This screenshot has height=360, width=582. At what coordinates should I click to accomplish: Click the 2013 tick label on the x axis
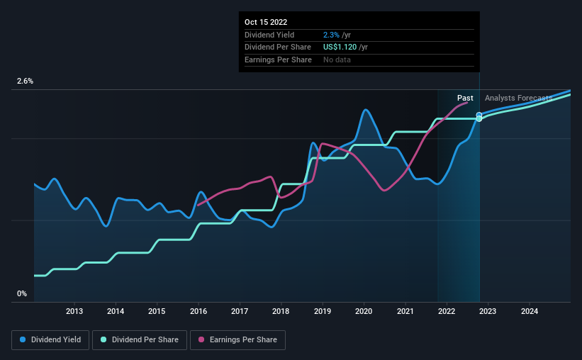74,311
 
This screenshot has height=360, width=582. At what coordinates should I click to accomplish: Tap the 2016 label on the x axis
198,311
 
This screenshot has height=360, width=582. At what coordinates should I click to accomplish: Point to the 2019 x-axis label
323,311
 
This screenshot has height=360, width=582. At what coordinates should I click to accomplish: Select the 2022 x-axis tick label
447,311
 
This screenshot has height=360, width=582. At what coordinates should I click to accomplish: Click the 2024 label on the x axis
530,311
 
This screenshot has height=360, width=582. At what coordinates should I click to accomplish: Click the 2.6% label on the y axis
25,81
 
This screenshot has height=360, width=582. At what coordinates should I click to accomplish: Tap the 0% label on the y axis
22,293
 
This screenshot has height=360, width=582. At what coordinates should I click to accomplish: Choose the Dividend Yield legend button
50,340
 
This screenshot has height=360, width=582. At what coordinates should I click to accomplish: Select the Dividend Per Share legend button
140,340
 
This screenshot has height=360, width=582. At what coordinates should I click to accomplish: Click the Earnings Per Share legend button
237,340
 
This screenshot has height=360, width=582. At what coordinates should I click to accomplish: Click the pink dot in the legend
201,339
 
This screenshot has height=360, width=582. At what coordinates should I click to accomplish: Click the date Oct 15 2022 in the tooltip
266,22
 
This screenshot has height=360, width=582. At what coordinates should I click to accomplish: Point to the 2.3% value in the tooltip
331,35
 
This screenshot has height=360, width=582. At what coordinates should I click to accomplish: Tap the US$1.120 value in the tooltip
340,47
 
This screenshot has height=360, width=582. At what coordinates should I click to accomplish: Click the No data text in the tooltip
337,60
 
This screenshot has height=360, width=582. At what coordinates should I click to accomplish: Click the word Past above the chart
465,98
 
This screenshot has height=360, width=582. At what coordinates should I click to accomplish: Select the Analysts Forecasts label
518,98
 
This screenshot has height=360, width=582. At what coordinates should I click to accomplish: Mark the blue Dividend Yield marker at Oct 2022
479,115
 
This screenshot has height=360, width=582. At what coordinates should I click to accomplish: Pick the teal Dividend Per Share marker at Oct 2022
479,119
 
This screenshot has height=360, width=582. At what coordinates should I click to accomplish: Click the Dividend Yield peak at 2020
366,109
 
